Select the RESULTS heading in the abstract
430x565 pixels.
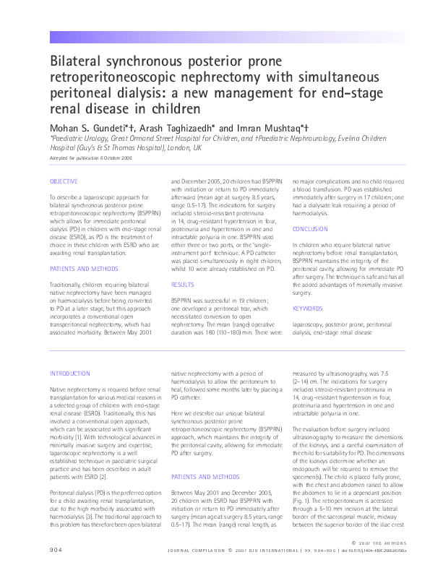[x=182, y=285]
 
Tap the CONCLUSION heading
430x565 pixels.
[x=310, y=228]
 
